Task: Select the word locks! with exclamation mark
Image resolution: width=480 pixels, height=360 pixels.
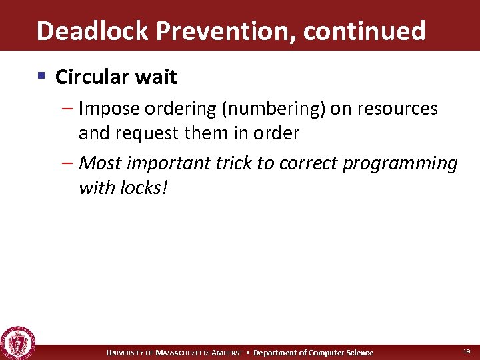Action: click(x=145, y=188)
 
